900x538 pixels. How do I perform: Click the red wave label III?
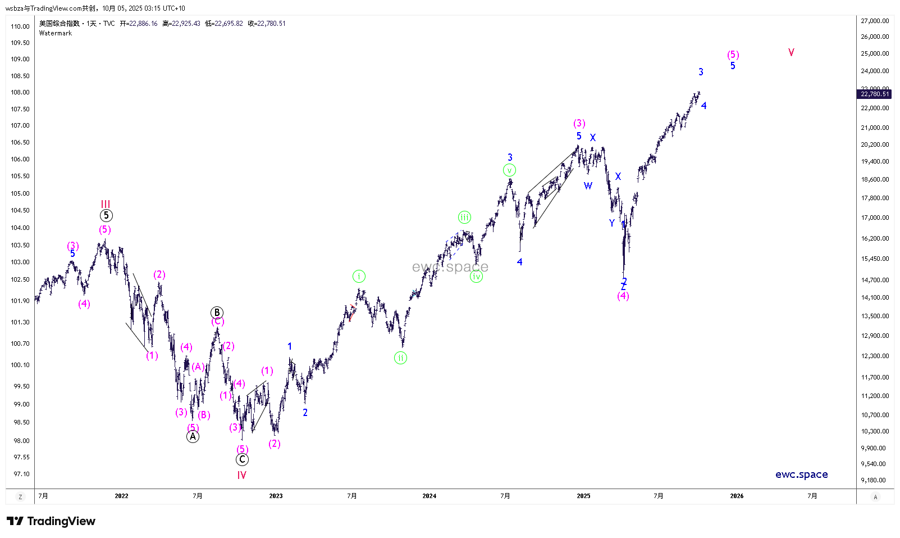106,204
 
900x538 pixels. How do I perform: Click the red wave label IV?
241,475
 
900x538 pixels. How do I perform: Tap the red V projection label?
791,52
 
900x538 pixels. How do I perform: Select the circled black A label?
193,436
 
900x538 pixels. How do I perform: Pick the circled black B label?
217,313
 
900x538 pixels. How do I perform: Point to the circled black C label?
242,459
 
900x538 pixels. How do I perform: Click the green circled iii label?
464,217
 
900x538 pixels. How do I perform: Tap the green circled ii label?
400,358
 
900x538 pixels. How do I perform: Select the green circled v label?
509,170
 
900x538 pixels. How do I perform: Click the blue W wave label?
588,186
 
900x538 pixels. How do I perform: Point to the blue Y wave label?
612,223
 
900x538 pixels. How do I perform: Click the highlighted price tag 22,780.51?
875,94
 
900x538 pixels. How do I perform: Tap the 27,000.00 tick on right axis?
875,21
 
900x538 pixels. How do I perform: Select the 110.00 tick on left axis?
20,26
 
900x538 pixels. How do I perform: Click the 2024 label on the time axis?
429,496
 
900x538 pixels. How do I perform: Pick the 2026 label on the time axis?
737,496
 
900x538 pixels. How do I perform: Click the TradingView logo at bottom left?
52,521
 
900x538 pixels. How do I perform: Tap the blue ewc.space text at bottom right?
801,474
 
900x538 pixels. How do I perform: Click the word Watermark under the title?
56,33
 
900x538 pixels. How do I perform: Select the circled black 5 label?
106,215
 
